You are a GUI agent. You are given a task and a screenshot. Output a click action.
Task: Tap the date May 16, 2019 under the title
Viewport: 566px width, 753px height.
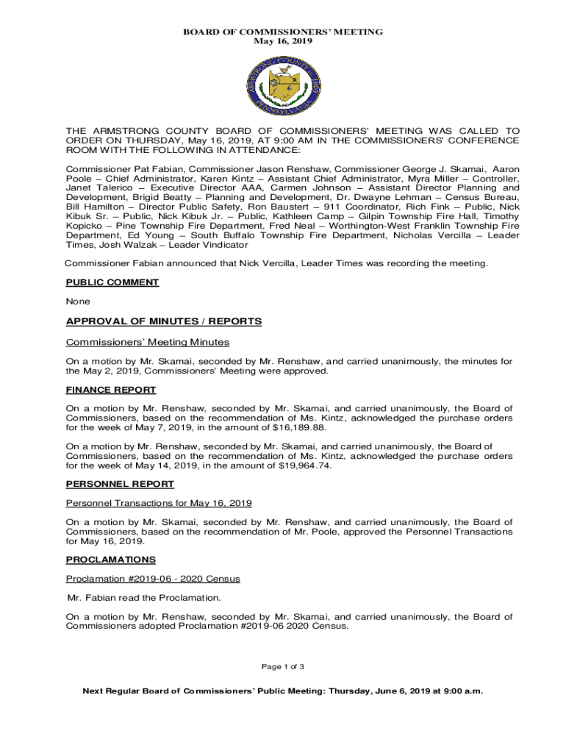coord(283,41)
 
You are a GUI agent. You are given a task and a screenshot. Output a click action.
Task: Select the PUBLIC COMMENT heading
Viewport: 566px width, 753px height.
coord(112,282)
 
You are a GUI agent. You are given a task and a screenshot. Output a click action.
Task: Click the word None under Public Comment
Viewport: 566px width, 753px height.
coord(78,301)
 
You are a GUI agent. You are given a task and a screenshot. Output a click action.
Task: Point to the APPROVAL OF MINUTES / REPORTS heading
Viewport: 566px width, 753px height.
coord(164,321)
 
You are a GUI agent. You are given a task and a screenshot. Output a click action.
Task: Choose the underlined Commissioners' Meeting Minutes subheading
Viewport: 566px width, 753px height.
coord(148,342)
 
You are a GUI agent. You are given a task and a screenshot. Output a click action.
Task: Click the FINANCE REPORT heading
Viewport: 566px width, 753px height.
coord(111,390)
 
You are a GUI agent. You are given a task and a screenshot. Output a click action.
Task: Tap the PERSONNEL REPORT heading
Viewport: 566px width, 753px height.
coord(120,484)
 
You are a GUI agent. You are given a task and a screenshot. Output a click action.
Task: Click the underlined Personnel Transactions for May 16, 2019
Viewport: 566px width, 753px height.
coord(159,503)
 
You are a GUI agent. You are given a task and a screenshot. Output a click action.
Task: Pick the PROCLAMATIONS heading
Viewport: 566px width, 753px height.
coord(110,560)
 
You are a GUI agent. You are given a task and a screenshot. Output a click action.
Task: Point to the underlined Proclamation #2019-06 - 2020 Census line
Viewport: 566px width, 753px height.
coord(153,579)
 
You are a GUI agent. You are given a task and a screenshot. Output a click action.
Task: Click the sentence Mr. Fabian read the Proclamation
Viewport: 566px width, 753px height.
coord(144,597)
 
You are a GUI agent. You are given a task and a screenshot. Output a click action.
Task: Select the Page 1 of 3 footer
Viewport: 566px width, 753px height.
coord(283,666)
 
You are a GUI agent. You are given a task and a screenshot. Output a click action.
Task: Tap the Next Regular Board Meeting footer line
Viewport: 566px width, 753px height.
coord(283,691)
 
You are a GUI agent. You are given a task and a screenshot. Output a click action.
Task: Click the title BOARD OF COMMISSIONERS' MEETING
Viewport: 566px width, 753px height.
coord(283,32)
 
